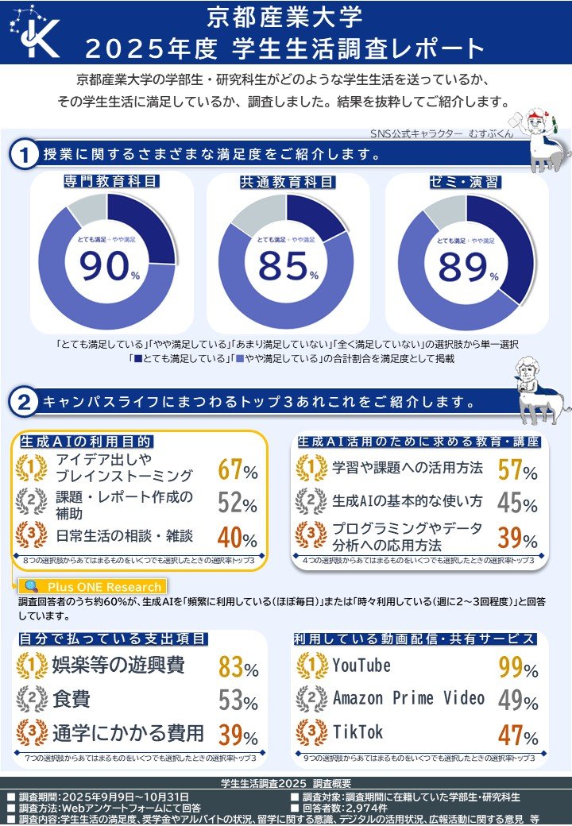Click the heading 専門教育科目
click(x=111, y=181)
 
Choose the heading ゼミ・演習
click(x=466, y=181)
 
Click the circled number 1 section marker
click(x=25, y=155)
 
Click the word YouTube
click(x=361, y=664)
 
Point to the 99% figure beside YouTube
click(x=517, y=667)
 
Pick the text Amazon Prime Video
click(x=408, y=698)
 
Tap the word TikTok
click(x=357, y=731)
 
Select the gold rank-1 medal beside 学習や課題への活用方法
click(x=311, y=469)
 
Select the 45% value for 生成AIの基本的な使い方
click(x=517, y=503)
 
